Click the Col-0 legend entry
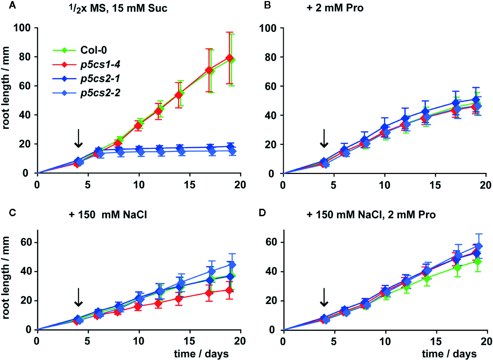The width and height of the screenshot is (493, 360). point(93,50)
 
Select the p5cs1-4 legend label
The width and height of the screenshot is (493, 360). point(100,64)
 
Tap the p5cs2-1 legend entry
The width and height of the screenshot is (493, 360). point(100,78)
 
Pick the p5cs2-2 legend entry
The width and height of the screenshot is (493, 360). point(100,93)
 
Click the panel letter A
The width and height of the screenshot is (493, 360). point(12,5)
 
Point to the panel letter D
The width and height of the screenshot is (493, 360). point(262,213)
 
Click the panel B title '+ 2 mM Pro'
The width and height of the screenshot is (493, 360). point(335,8)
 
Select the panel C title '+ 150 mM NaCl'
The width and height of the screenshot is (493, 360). point(108,215)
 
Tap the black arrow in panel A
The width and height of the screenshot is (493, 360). point(78,138)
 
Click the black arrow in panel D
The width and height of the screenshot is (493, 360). point(324,297)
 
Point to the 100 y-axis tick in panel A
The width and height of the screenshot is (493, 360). point(22,28)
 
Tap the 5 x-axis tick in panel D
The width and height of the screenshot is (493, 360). point(333,342)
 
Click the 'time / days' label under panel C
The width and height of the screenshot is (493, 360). point(201,354)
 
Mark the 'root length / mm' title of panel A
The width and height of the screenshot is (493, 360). point(6,88)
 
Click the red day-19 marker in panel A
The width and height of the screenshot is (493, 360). point(229,58)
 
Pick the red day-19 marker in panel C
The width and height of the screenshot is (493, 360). point(229,290)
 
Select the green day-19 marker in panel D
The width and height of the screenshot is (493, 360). point(478,262)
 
